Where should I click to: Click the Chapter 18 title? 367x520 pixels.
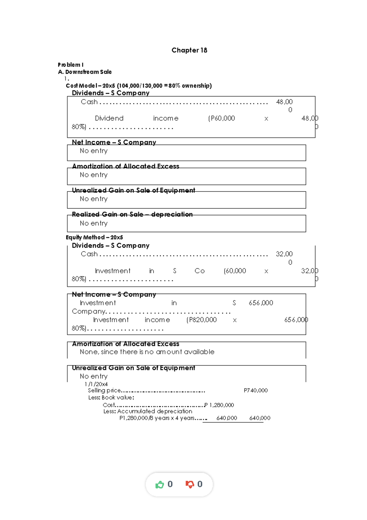click(x=189, y=50)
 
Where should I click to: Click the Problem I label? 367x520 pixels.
click(x=71, y=65)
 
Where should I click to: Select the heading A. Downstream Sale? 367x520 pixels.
click(x=85, y=72)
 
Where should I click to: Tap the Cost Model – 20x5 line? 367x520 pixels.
click(x=139, y=86)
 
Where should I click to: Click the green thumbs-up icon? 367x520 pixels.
click(x=160, y=484)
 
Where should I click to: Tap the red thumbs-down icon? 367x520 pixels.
click(x=190, y=484)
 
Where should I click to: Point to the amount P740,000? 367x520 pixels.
click(x=255, y=390)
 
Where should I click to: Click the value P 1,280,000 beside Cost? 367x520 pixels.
click(x=219, y=405)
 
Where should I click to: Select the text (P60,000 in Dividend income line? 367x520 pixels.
click(x=221, y=119)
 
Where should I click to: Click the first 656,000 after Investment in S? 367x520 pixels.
click(x=261, y=303)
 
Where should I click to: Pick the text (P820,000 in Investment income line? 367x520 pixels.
click(x=201, y=320)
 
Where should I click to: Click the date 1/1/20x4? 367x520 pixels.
click(x=96, y=384)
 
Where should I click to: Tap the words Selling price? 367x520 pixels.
click(x=104, y=390)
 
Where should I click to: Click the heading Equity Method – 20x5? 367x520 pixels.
click(x=94, y=237)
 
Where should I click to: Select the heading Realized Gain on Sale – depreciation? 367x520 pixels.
click(x=132, y=214)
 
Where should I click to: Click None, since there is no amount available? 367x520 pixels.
click(x=147, y=352)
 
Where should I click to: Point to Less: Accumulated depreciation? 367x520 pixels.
click(x=148, y=411)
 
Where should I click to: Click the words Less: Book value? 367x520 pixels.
click(x=111, y=398)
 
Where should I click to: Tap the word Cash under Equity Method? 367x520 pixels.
click(x=89, y=254)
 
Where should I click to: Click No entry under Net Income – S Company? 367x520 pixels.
click(x=94, y=151)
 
